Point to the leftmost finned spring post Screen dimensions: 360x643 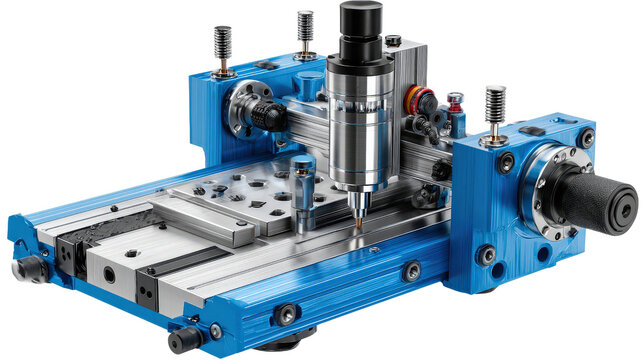click(223, 51)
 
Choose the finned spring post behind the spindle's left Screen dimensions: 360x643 click(305, 30)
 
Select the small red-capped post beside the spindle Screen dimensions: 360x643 click(455, 103)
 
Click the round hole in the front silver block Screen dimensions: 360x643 click(108, 273)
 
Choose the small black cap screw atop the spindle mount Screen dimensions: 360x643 click(393, 41)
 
